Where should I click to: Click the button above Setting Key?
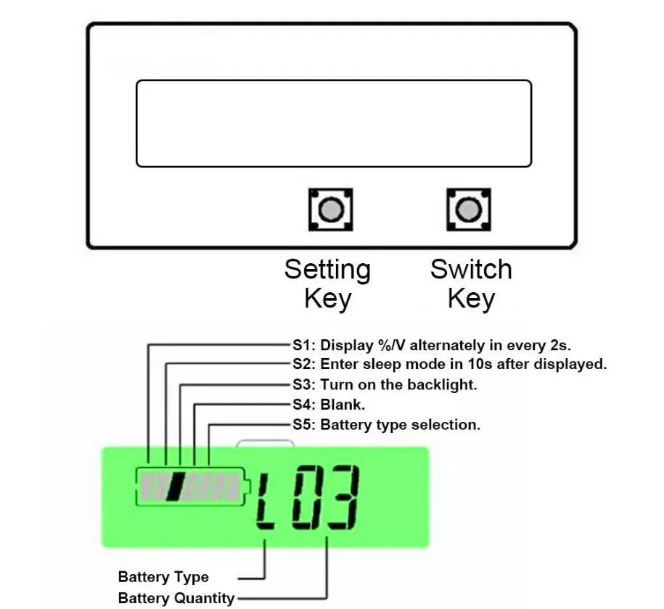(331, 210)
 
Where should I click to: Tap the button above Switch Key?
(469, 210)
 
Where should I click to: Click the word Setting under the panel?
(327, 270)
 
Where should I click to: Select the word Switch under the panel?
(471, 270)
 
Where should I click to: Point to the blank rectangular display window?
(334, 123)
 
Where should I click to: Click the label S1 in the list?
(303, 345)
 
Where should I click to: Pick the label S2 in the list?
(303, 365)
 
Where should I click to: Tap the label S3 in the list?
(303, 385)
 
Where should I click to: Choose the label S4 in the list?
(303, 405)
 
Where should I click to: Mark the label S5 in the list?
(303, 425)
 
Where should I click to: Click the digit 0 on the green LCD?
(306, 499)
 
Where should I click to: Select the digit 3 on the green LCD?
(341, 499)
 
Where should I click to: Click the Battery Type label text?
(163, 578)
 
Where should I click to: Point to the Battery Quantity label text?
(176, 599)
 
